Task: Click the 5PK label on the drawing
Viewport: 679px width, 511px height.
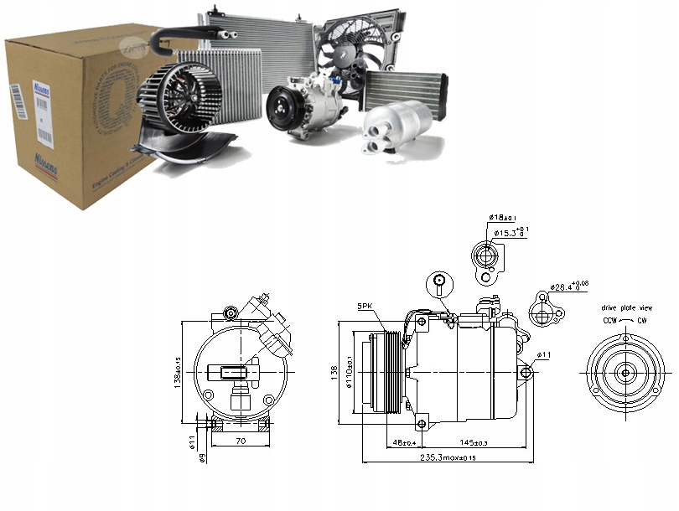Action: [366, 307]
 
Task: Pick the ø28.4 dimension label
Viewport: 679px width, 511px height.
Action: [568, 286]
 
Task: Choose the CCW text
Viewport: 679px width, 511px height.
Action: [611, 321]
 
